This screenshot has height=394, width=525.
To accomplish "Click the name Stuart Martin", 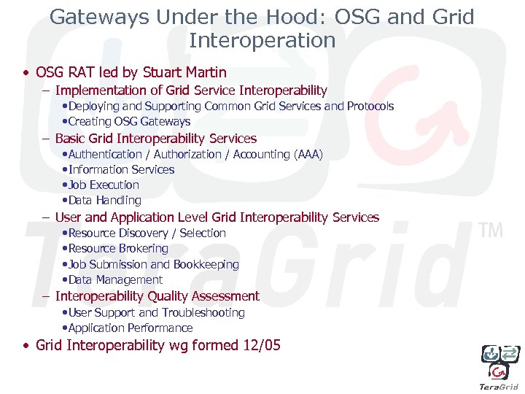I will [186, 72].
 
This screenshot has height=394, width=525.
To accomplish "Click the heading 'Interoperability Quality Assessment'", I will [157, 296].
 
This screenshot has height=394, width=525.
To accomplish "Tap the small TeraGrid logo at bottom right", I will [499, 365].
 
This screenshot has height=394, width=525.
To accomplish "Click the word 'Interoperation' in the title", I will [262, 40].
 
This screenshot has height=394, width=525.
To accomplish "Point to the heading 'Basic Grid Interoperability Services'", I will [155, 139].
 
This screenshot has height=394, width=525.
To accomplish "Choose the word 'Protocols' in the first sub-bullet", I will [370, 107].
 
